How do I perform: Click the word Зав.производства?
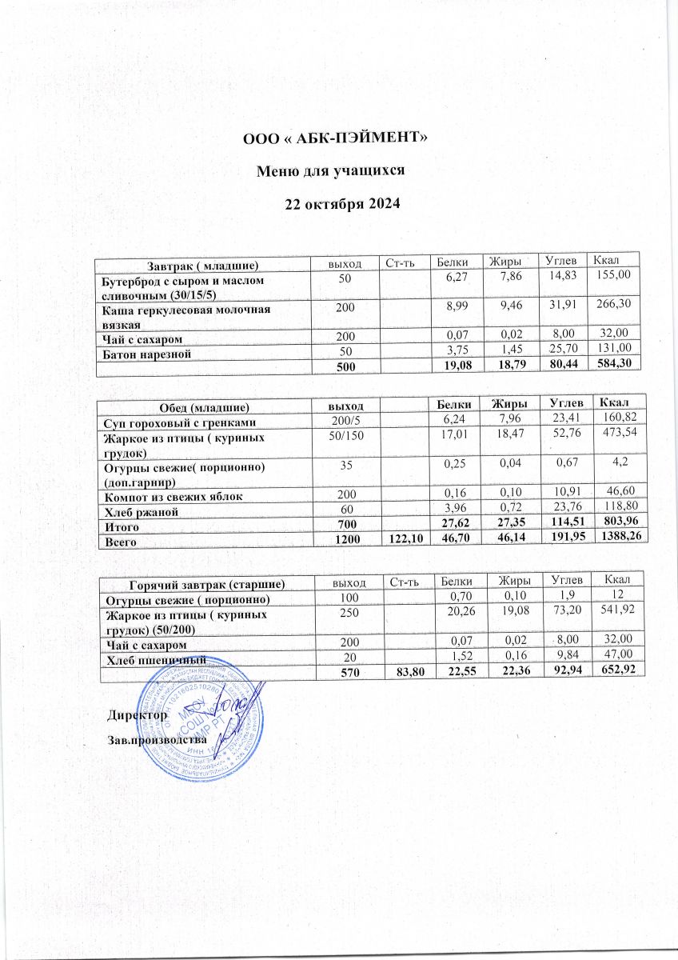[x=157, y=739]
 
